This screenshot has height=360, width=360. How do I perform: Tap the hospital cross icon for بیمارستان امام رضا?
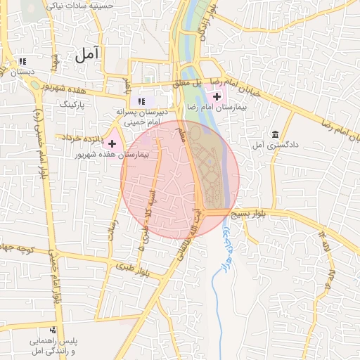click(217, 96)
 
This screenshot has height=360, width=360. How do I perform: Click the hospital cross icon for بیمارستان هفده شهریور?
click(111, 143)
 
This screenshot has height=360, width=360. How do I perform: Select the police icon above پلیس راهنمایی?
click(52, 330)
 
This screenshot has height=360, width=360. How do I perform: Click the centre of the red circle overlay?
click(180, 179)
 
